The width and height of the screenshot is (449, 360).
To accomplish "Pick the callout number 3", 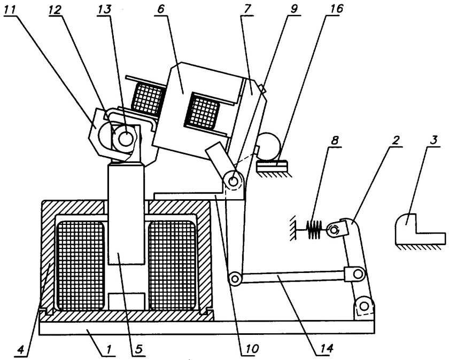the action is (x=433, y=141).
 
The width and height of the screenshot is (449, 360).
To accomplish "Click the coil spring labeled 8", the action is (x=314, y=229).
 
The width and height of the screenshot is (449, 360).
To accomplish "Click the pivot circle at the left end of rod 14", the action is (x=235, y=278).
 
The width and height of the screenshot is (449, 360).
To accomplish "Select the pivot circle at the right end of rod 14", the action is (x=357, y=274).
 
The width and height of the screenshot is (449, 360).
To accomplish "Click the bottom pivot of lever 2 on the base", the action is (x=364, y=307).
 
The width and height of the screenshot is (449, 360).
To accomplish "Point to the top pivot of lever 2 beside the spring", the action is (x=334, y=230).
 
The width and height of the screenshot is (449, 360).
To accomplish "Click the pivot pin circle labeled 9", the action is (x=234, y=182).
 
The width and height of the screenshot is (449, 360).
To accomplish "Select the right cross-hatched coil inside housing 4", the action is (x=172, y=266).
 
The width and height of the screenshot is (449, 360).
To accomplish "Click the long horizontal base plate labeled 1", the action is (x=207, y=327).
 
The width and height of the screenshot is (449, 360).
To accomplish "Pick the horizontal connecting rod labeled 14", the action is (x=293, y=277).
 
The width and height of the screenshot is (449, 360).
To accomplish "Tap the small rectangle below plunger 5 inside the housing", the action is (x=126, y=301).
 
